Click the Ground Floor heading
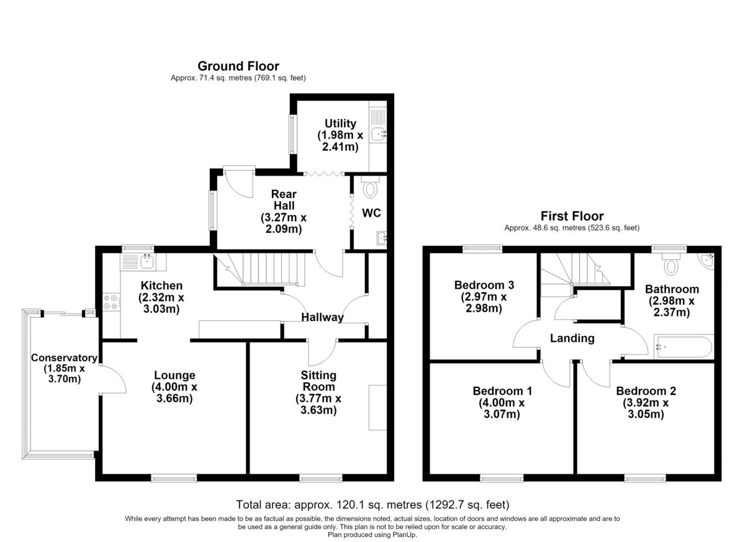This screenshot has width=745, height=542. click(x=238, y=66)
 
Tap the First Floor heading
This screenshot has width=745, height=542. click(x=572, y=216)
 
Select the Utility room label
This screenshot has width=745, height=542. click(x=340, y=124)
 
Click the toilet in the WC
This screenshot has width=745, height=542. click(x=370, y=187)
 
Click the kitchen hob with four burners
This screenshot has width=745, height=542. click(x=111, y=302)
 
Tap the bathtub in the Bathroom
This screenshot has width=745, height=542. click(x=684, y=347)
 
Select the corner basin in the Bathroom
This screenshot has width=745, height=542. click(x=707, y=261)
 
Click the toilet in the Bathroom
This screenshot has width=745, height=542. click(x=671, y=264)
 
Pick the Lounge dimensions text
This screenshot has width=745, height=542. click(x=174, y=393)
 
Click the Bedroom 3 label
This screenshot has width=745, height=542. click(x=484, y=285)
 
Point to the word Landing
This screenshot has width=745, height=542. click(x=572, y=338)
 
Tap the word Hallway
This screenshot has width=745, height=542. click(x=322, y=317)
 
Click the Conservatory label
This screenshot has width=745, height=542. click(x=64, y=358)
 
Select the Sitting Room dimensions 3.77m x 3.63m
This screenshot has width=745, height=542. click(x=318, y=404)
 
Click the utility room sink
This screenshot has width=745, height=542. click(x=378, y=133)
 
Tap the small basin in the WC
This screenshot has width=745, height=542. click(x=381, y=238)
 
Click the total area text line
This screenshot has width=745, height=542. click(x=372, y=505)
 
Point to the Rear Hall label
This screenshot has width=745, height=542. click(x=284, y=200)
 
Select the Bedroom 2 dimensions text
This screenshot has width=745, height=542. click(x=646, y=409)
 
